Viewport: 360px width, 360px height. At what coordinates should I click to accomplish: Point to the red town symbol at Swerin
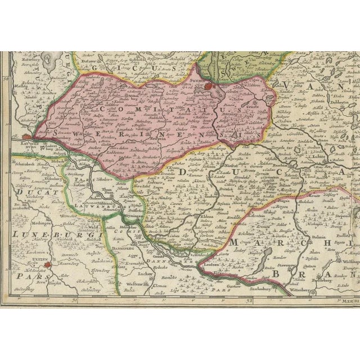point(210,86)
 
